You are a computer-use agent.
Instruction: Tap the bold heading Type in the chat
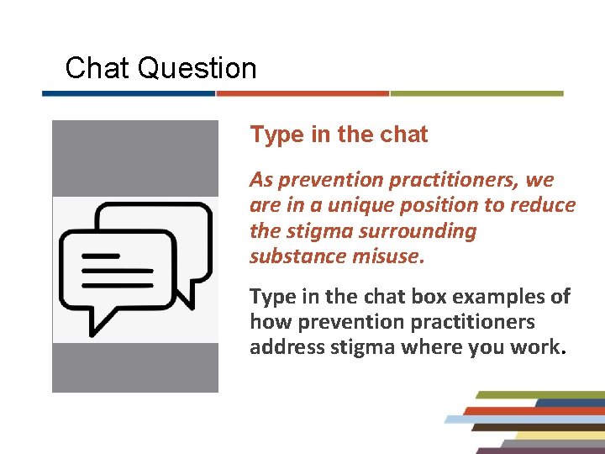[x=339, y=135]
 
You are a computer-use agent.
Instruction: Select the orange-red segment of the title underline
[x=302, y=93]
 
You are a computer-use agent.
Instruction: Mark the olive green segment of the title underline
[x=476, y=93]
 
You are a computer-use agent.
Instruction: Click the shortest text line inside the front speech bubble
[x=102, y=256]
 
